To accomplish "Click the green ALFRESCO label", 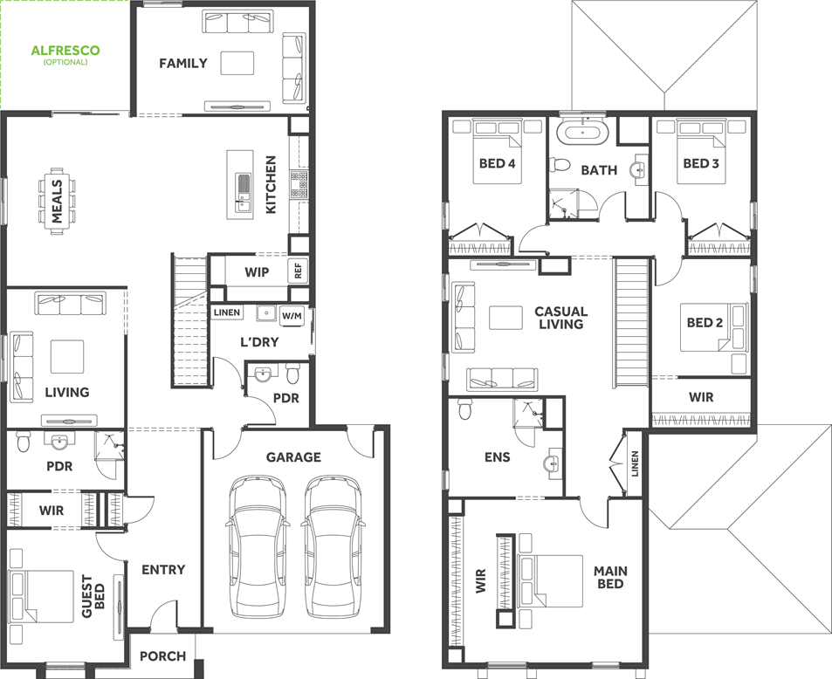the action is (x=65, y=51).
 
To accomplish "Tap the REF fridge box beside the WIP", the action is (x=298, y=271).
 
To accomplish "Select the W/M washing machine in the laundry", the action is (x=292, y=316).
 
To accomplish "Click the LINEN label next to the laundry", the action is (x=227, y=312).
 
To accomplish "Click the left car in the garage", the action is (x=258, y=545).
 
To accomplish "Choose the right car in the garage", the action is (x=333, y=545).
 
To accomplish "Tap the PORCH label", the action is (x=163, y=656).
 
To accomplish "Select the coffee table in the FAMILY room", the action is (x=237, y=63).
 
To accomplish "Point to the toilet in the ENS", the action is (x=464, y=409).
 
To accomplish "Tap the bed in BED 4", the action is (x=497, y=152).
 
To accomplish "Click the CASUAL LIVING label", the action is (x=560, y=318).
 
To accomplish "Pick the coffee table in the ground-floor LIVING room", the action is (x=67, y=356).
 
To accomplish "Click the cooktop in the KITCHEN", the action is (x=299, y=185).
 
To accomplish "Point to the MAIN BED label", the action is (x=610, y=578).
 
